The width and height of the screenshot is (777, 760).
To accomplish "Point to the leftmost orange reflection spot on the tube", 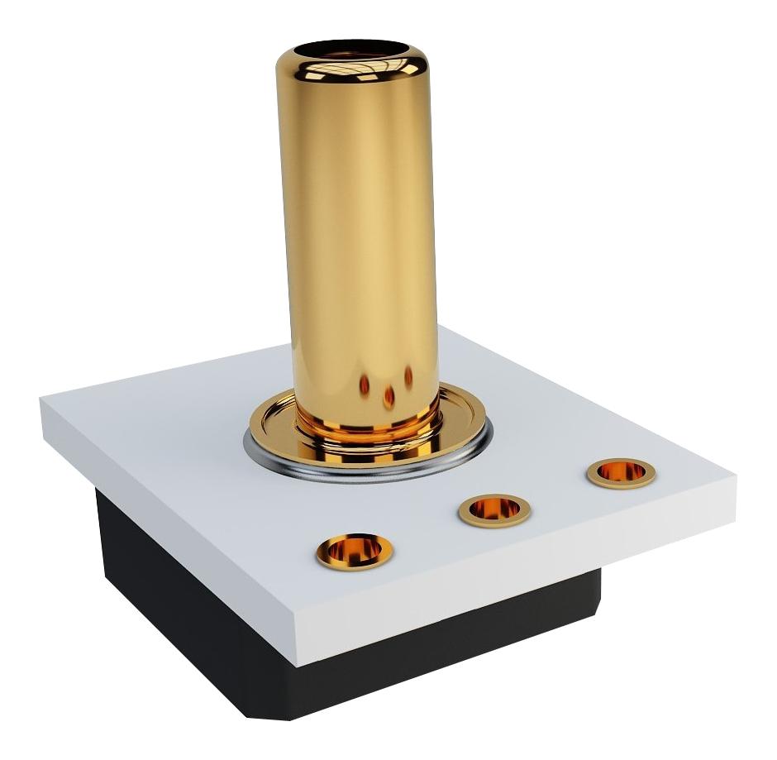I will [365, 384].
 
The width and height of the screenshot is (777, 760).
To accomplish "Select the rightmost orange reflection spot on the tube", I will [408, 377].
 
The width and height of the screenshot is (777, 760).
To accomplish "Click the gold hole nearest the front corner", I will [355, 550].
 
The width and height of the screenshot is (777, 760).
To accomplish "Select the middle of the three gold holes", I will [494, 510].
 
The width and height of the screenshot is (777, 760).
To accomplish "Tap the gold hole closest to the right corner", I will [621, 473].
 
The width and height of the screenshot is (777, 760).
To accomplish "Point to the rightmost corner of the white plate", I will [734, 478].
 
